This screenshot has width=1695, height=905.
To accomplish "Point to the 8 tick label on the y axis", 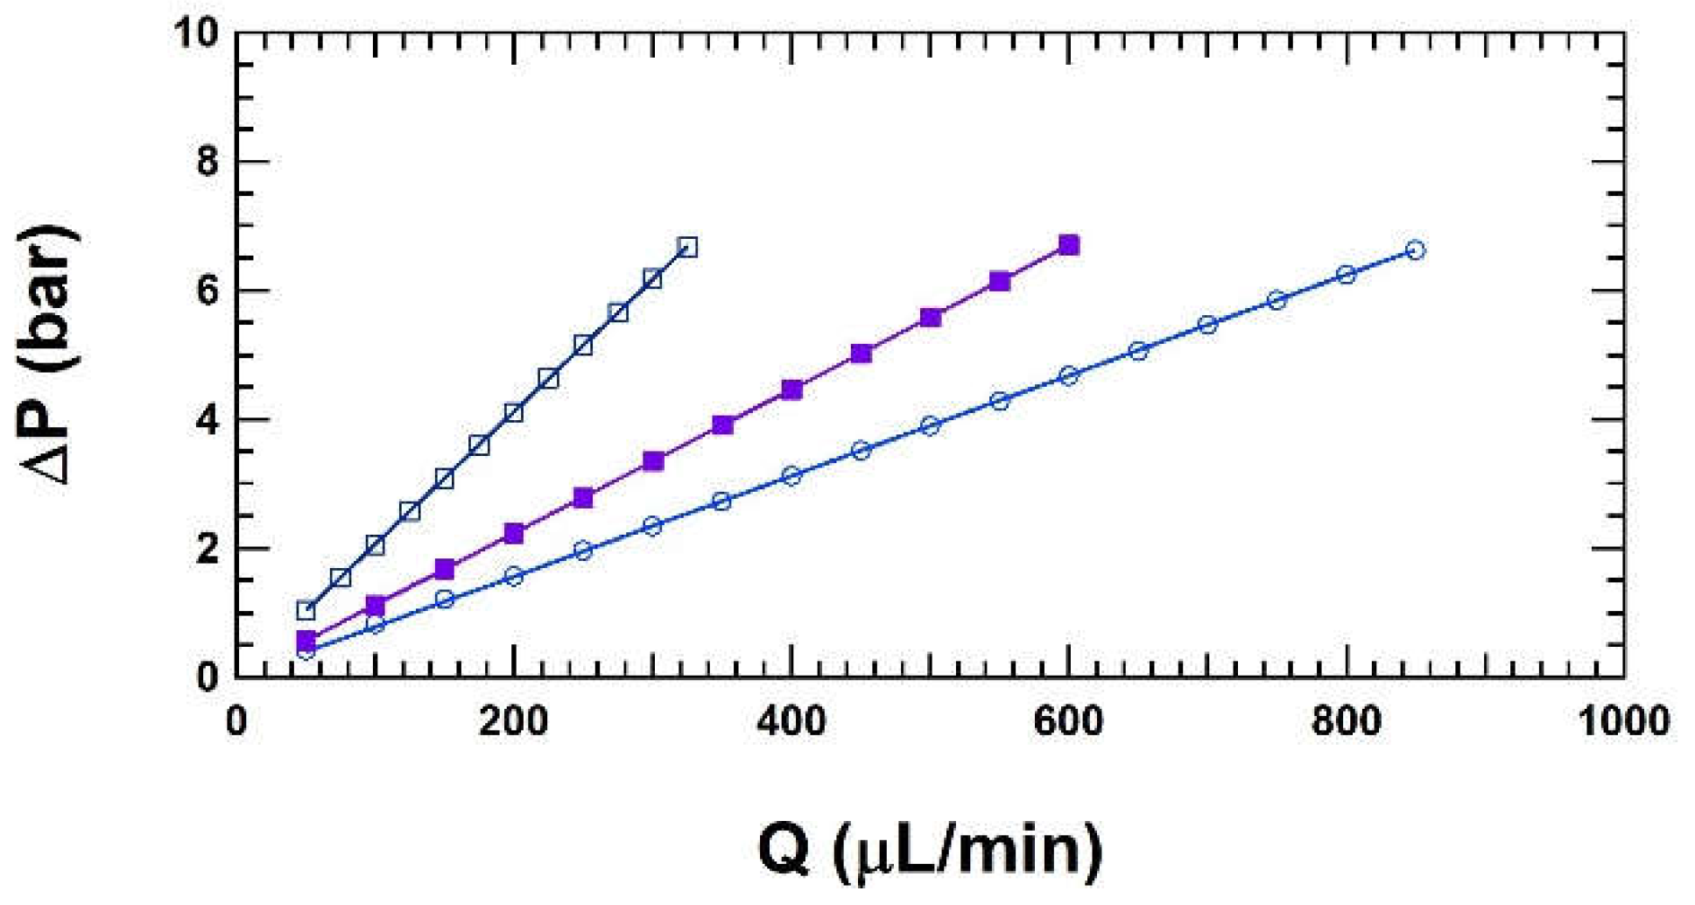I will (207, 162).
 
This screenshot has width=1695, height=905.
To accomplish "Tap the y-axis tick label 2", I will (207, 549).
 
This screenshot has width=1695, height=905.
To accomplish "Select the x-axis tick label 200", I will (513, 723).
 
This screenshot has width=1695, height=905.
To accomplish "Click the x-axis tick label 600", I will (1068, 723).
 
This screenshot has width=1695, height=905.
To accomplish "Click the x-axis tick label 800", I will (1346, 723).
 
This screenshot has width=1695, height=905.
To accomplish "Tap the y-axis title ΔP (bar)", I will (50, 354).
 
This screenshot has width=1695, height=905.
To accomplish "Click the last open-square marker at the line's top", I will (687, 247).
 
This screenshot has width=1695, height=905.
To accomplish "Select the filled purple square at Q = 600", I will (1069, 245).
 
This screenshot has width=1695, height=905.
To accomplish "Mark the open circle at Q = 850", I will (1415, 250).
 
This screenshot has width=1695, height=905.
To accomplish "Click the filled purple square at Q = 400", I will (791, 389).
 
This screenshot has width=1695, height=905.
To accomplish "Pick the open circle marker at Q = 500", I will (930, 425).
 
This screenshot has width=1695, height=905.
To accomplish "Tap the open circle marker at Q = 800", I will (1346, 274).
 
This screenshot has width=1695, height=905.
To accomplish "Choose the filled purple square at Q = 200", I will (514, 534).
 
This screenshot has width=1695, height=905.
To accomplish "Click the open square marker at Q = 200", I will (514, 412).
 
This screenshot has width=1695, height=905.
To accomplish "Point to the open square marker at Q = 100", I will (375, 545).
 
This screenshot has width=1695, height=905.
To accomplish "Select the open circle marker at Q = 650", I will (1138, 351).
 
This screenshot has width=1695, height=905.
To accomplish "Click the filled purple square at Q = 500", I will (931, 317).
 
